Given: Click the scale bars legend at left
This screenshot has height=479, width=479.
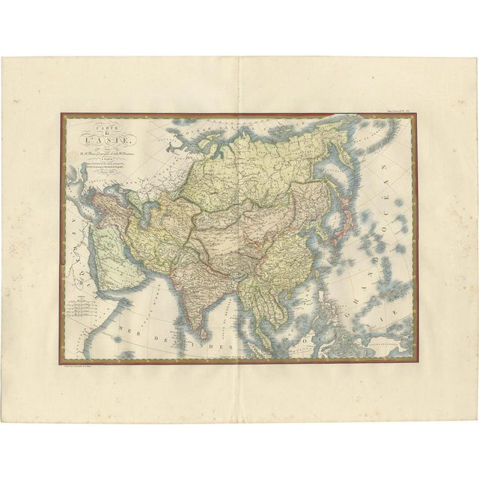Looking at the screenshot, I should pos(82,307).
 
